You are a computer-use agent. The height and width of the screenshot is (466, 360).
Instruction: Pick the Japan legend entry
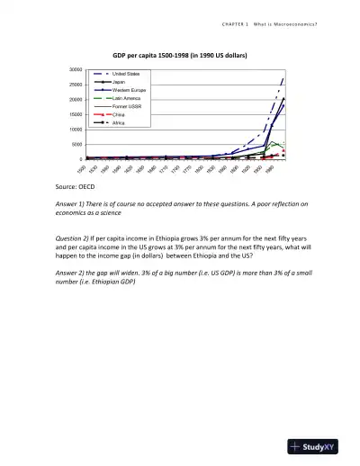118,82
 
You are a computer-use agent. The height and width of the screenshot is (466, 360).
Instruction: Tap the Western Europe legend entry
128,91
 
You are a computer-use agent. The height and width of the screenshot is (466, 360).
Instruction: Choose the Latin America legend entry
125,99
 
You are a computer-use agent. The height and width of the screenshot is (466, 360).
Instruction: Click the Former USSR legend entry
125,107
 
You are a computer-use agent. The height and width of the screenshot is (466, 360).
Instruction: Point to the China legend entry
118,115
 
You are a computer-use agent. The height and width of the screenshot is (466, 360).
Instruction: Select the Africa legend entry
118,123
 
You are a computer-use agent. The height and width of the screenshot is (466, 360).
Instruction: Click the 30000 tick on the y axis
76,69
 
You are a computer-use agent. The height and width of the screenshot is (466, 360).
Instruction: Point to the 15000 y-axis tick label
76,114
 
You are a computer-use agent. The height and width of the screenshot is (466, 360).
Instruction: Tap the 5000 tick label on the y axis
77,144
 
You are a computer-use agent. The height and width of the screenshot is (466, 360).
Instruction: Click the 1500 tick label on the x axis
82,169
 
